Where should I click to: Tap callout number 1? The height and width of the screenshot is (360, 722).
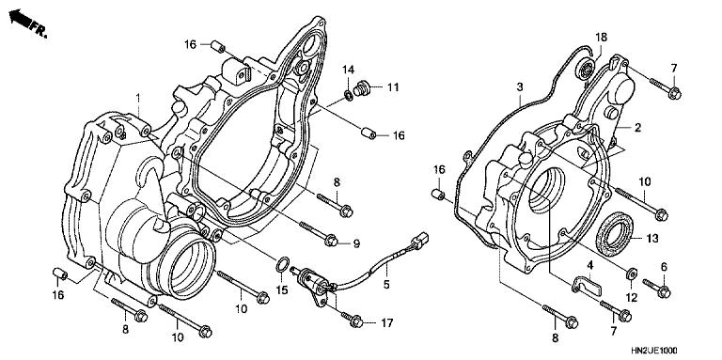coord(137,99)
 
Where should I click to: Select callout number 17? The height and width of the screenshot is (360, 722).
coord(386,324)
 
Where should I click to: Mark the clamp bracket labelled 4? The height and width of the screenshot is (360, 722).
coord(583,282)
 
